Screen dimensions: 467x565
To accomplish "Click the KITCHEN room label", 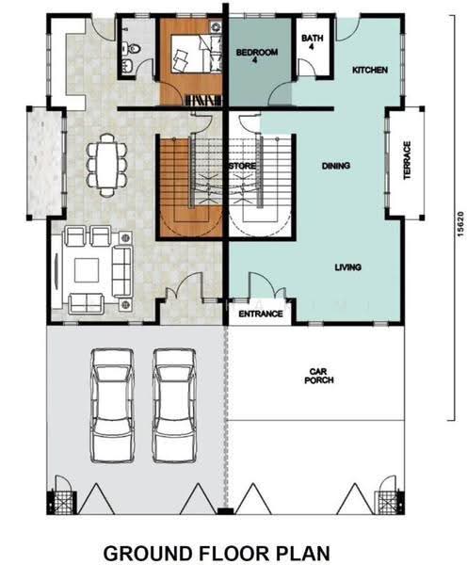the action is pyautogui.click(x=370, y=70).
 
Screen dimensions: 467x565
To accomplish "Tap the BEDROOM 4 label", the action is pyautogui.click(x=257, y=56).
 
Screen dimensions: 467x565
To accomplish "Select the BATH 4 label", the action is pyautogui.click(x=312, y=41).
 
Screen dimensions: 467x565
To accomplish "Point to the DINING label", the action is pyautogui.click(x=336, y=166).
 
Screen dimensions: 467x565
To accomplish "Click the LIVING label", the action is pyautogui.click(x=348, y=267).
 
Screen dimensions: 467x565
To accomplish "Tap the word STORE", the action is pyautogui.click(x=243, y=166).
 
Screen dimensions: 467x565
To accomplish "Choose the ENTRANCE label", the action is pyautogui.click(x=261, y=314).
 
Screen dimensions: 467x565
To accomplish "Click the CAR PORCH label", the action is pyautogui.click(x=319, y=376).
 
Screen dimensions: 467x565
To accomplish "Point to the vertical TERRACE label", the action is pyautogui.click(x=407, y=160).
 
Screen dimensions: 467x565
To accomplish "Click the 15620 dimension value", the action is pyautogui.click(x=460, y=224).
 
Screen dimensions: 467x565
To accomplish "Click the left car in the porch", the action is pyautogui.click(x=112, y=405).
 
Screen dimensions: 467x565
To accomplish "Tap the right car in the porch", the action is pyautogui.click(x=174, y=405).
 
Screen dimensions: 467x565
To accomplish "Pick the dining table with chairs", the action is pyautogui.click(x=106, y=166).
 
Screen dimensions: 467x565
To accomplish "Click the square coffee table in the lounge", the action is pyautogui.click(x=87, y=270).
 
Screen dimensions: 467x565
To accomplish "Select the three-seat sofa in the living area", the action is pyautogui.click(x=121, y=271).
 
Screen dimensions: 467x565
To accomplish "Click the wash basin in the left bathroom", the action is pyautogui.click(x=127, y=65).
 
